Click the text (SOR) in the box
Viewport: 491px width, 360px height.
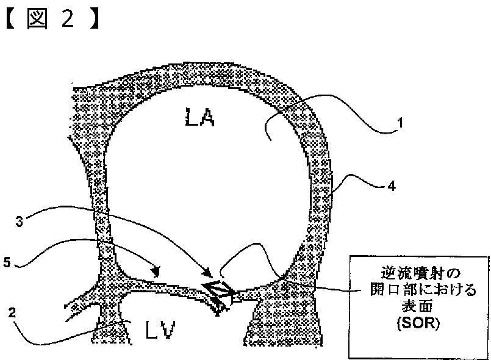tap(412, 323)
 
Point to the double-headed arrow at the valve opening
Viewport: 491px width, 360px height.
tap(215, 290)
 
